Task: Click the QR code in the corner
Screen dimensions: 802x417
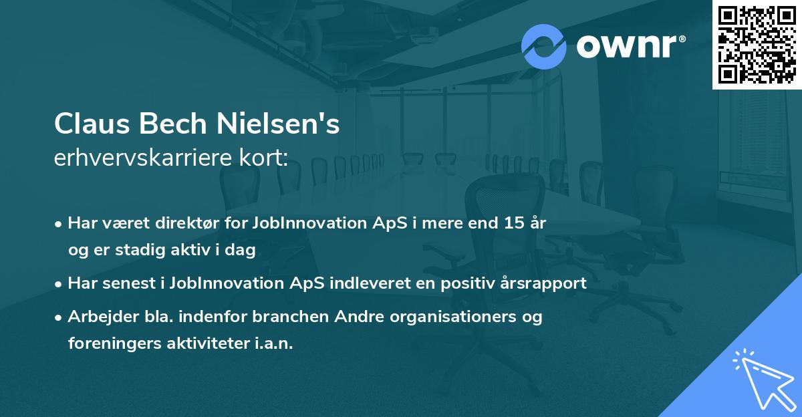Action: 757,44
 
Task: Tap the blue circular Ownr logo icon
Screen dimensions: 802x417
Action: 543,47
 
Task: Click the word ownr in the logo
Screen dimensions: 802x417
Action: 627,47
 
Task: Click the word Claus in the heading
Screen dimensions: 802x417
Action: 92,124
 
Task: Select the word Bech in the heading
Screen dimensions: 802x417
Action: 173,124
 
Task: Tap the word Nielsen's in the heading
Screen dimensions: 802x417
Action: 278,124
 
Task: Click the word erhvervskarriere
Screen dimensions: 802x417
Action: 143,158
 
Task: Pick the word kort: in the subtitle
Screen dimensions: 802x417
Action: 264,158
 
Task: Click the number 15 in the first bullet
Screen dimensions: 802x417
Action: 514,223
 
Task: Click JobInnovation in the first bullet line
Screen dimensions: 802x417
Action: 309,223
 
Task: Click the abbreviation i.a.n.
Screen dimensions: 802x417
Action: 274,343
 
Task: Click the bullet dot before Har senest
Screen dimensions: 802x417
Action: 58,285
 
